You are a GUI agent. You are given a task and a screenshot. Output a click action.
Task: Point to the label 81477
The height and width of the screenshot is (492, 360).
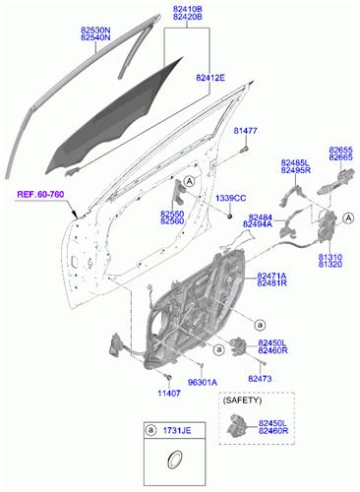point(245,130)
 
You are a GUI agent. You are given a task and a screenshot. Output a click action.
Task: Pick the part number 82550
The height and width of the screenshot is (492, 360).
point(172,214)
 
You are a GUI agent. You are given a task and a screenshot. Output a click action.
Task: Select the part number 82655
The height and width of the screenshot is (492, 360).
point(341,150)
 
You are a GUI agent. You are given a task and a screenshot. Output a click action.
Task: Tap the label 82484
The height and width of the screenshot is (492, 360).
point(261,216)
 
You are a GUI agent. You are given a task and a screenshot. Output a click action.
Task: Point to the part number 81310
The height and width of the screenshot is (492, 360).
point(330,257)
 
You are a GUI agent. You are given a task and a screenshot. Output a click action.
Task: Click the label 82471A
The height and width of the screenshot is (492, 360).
point(271,277)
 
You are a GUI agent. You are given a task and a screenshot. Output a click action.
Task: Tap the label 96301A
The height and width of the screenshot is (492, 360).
point(202,382)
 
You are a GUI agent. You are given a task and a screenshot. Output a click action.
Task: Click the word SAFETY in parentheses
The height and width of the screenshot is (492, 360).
point(242,401)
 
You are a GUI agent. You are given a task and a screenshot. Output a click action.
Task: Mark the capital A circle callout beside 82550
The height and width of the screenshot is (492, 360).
point(189,181)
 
